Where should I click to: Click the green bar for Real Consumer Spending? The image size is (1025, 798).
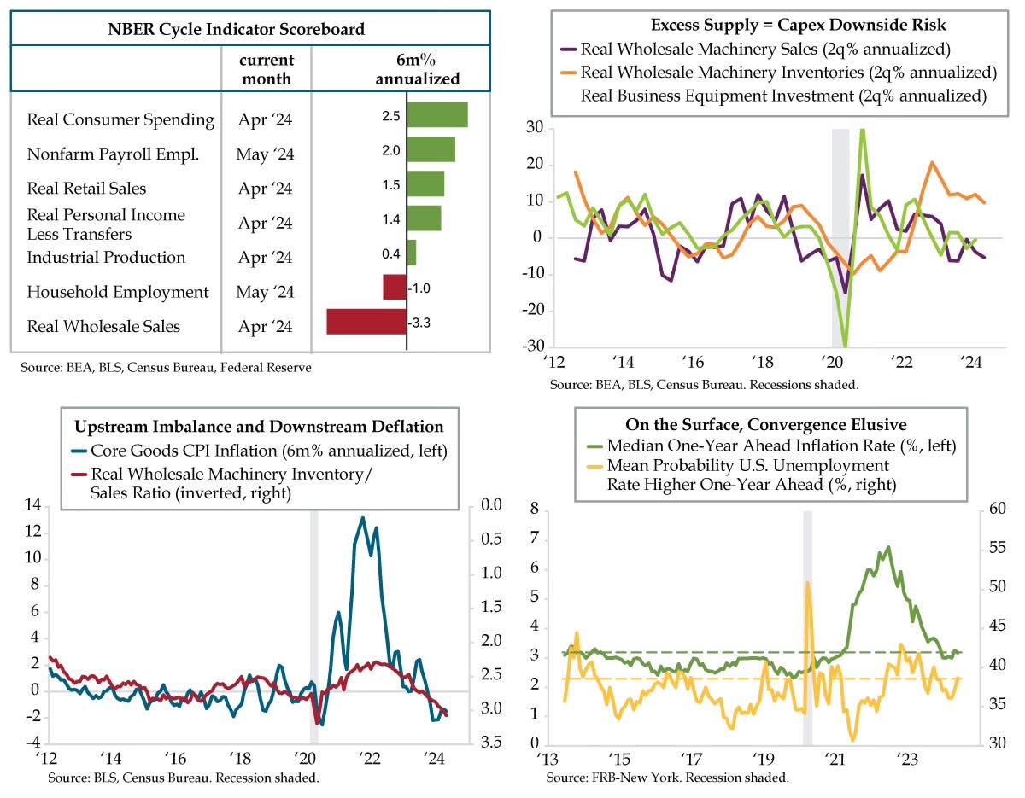click(x=436, y=114)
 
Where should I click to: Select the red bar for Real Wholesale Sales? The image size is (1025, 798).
click(x=366, y=322)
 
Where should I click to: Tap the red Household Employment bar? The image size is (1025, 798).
click(x=394, y=287)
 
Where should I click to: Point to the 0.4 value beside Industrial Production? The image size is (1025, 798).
click(x=392, y=253)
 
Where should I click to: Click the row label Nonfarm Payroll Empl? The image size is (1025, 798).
click(x=113, y=154)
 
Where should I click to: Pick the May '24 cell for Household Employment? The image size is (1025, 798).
click(x=266, y=292)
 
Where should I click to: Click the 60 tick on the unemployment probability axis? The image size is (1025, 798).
click(x=996, y=510)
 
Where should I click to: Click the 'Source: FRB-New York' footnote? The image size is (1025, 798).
click(x=667, y=778)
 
